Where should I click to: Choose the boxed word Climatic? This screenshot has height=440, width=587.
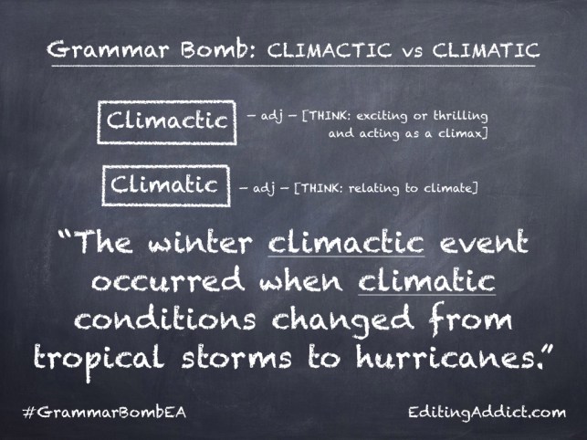pos(164,184)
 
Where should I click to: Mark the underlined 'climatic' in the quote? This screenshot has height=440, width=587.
pos(428,280)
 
